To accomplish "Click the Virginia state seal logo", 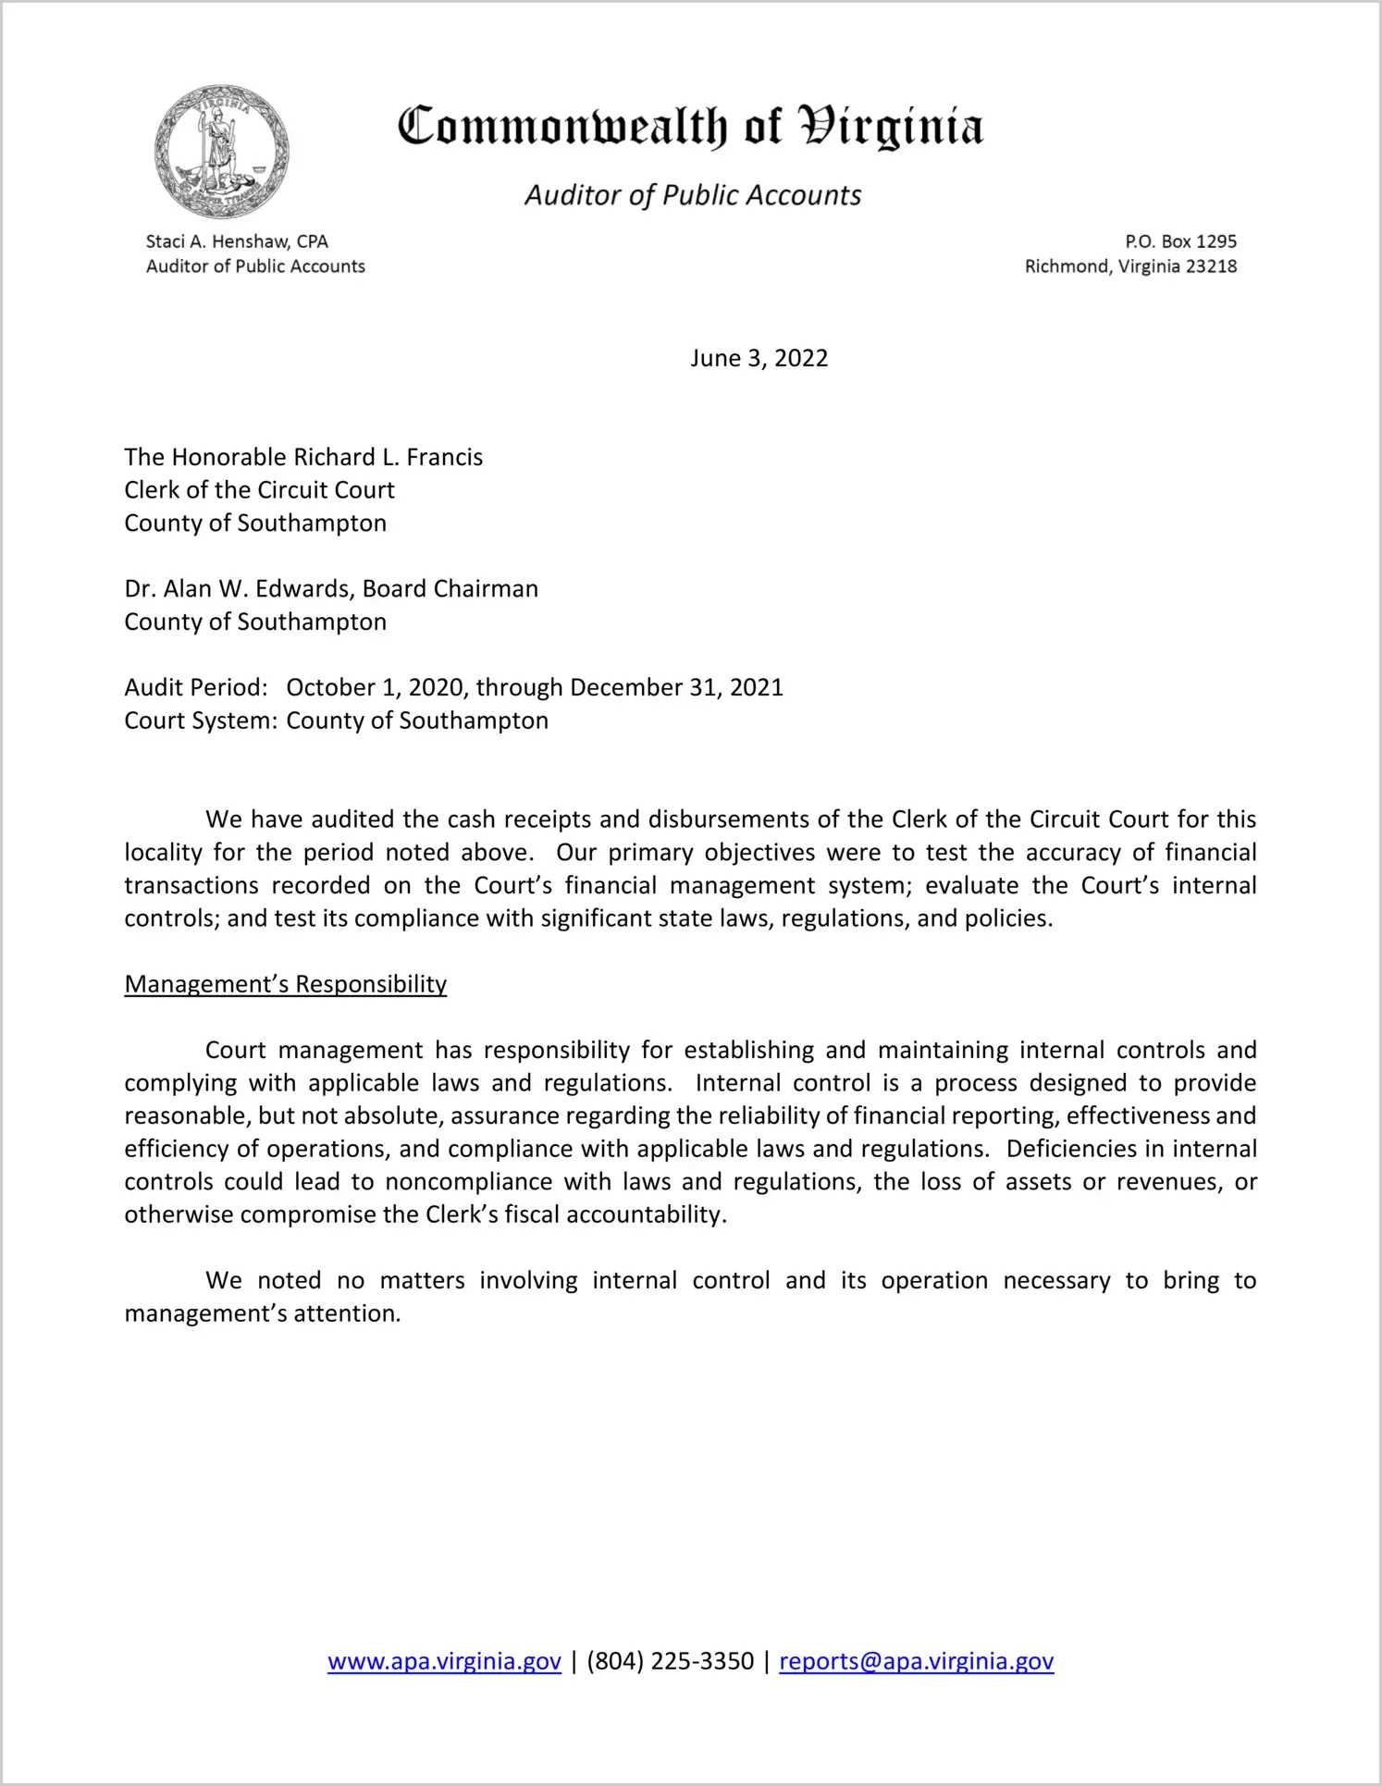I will pos(222,152).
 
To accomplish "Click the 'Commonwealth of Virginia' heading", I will pos(690,127).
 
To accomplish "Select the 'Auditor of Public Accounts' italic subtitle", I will pos(693,195).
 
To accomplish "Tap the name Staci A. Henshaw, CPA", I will pos(237,241).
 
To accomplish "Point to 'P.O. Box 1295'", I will pos(1180,241).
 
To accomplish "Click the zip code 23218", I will pos(1211,266).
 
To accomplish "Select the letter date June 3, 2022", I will pos(759,358).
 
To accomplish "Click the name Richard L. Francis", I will pos(388,457).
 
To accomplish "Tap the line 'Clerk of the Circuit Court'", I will pos(259,490).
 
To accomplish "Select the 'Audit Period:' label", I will pos(196,687).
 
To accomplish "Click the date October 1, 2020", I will pos(376,687).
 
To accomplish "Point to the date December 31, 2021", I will pos(676,687).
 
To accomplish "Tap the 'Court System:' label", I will pos(201,721).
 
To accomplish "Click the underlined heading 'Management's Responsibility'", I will pos(285,984).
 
